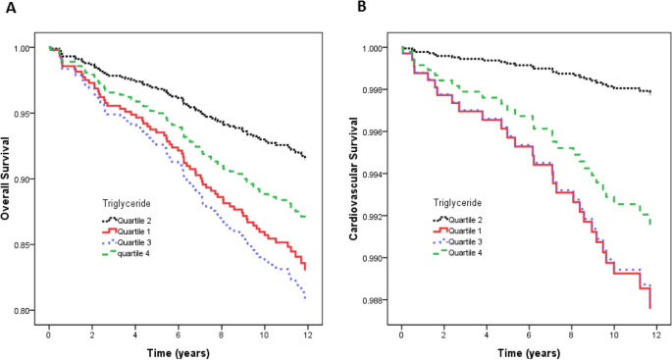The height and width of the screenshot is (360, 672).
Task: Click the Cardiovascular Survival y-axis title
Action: [x=352, y=180]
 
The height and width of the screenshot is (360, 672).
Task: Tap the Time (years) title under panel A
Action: [x=177, y=350]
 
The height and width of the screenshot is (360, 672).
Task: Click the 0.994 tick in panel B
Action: [x=375, y=175]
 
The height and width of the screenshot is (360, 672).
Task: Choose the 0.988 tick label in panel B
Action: [x=375, y=300]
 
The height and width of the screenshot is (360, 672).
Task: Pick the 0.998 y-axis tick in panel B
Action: [x=375, y=90]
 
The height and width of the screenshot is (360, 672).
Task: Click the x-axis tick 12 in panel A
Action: [x=311, y=334]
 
